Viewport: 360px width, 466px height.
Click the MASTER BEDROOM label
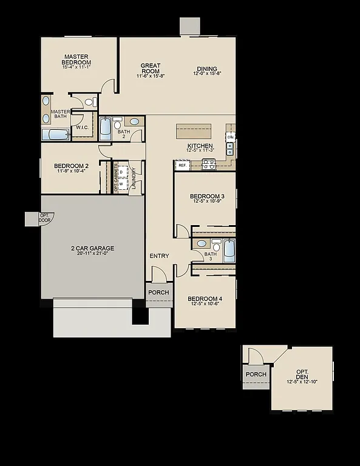point(76,59)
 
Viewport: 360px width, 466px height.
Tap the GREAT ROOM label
point(150,69)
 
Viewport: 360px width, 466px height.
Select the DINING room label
point(206,69)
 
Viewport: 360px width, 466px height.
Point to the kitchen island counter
point(194,130)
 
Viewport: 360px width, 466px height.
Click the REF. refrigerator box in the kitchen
point(182,165)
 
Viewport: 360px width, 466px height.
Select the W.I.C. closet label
point(83,128)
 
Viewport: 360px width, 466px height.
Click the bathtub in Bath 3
point(229,250)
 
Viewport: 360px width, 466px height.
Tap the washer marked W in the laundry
point(121,183)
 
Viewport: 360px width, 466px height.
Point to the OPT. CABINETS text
point(116,177)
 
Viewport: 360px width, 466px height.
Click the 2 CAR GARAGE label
point(93,248)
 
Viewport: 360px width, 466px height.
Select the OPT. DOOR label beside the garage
point(45,218)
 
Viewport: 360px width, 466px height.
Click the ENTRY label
point(159,256)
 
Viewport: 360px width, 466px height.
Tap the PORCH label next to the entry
point(158,292)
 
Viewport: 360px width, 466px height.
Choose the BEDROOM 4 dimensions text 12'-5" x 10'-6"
point(205,305)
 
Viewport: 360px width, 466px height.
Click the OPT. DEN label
point(302,374)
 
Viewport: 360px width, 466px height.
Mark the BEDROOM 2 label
point(71,166)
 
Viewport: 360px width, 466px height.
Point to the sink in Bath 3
point(201,243)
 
